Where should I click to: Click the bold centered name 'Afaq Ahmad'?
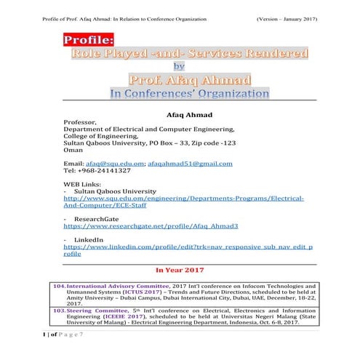pos(180,113)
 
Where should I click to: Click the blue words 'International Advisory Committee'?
pos(120,287)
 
